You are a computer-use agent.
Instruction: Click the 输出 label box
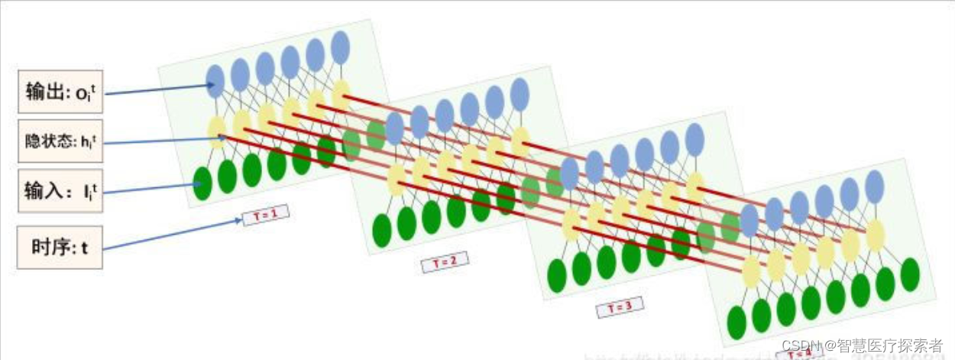[x=60, y=92]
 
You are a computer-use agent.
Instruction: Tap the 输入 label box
[x=60, y=190]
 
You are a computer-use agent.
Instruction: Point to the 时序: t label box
[x=60, y=246]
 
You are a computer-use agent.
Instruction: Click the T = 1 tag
[x=266, y=216]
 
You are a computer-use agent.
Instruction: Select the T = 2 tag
[x=445, y=262]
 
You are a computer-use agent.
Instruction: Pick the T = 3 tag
[x=620, y=307]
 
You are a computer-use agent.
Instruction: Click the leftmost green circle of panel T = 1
[x=202, y=184]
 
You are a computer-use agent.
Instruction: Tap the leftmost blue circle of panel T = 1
[x=215, y=81]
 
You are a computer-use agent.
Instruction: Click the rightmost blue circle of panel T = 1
[x=341, y=47]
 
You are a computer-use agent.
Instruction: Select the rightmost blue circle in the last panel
[x=875, y=186]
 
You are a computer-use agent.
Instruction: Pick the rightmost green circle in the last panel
[x=910, y=274]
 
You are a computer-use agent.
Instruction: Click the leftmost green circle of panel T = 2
[x=382, y=231]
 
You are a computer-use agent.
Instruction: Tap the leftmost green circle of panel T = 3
[x=557, y=275]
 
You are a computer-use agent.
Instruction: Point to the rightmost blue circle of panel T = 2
[x=520, y=94]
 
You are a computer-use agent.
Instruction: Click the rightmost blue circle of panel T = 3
[x=694, y=140]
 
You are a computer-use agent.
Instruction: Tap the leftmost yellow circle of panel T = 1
[x=217, y=132]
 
